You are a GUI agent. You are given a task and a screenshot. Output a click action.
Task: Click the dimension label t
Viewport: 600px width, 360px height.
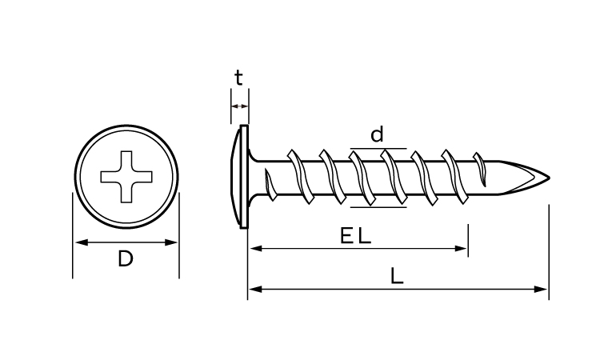coord(238,78)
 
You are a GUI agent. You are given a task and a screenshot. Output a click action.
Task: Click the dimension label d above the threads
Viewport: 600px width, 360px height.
coord(377,134)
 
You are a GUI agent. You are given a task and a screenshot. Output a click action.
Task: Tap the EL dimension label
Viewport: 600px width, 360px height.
coord(355,236)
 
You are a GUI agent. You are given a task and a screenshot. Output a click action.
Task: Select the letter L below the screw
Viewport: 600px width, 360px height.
coord(397,275)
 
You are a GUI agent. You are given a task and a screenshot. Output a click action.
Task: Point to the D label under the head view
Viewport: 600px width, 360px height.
coord(126,258)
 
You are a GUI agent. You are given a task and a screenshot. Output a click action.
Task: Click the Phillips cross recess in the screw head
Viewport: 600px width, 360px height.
coord(126,176)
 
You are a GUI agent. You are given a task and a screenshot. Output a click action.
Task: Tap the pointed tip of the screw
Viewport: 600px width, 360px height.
coord(550,178)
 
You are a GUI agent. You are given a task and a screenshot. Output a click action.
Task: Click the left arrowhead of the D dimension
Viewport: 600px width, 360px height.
coord(82,242)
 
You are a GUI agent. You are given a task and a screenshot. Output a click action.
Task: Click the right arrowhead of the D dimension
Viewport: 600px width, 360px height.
coord(170,242)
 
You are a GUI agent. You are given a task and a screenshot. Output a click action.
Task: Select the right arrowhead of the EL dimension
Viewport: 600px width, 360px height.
coord(460,249)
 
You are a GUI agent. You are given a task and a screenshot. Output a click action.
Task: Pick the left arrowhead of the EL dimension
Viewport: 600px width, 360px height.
coord(256,249)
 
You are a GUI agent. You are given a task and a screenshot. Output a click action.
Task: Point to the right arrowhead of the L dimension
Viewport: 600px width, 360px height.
coord(541,289)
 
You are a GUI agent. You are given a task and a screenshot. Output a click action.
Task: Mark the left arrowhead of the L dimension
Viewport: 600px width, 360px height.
coord(255,289)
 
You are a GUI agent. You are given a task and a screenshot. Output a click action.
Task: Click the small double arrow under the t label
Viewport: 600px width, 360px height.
coord(240,106)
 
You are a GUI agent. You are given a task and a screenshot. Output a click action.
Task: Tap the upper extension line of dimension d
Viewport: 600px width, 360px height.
coord(378,148)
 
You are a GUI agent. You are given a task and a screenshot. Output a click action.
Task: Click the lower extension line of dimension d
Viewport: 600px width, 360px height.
coord(378,207)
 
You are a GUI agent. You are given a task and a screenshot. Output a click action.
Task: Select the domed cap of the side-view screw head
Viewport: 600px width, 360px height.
coord(235,176)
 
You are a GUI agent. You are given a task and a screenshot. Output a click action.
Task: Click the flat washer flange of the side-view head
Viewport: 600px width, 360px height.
coord(244,176)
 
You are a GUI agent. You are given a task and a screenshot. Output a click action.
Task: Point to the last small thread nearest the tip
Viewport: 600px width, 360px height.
coord(480,169)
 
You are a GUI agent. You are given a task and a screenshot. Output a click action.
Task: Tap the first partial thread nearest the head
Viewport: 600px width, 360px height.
coord(270,186)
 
